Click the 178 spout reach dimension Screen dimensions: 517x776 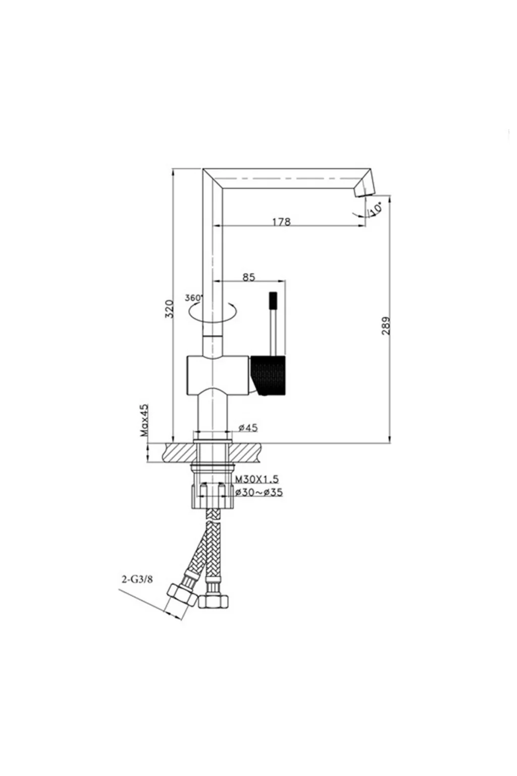(x=281, y=222)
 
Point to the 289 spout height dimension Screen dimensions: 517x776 (x=386, y=325)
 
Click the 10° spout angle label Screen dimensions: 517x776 (x=376, y=209)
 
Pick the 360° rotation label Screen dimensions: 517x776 (x=193, y=298)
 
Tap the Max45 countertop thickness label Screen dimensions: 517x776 (x=144, y=420)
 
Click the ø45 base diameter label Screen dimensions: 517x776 (x=248, y=427)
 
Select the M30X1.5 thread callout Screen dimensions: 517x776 (x=256, y=479)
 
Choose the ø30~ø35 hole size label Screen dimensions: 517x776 (x=258, y=492)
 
